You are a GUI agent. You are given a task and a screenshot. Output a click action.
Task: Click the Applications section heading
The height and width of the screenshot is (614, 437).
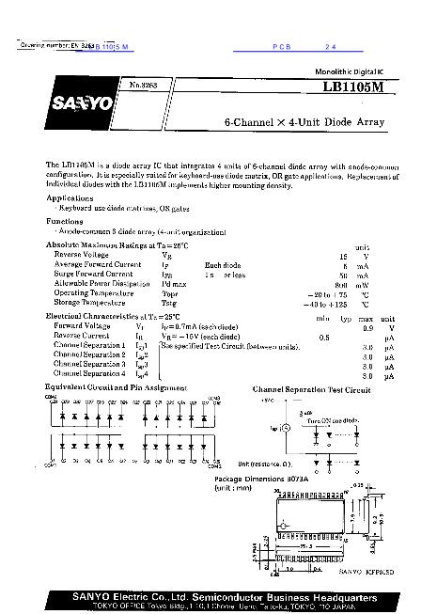click(70, 198)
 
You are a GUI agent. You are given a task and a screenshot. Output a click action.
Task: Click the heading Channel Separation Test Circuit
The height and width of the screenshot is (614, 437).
click(311, 388)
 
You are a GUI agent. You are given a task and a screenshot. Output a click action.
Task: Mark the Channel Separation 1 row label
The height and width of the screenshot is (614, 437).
click(90, 346)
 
